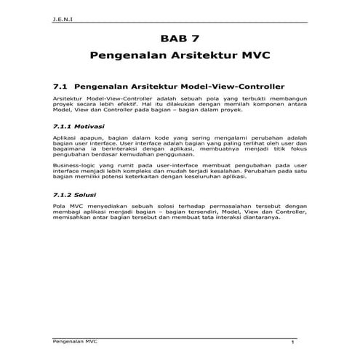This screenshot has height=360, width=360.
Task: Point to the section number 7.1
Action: pos(61,84)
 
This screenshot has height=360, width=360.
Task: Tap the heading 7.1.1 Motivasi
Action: pos(79,126)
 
